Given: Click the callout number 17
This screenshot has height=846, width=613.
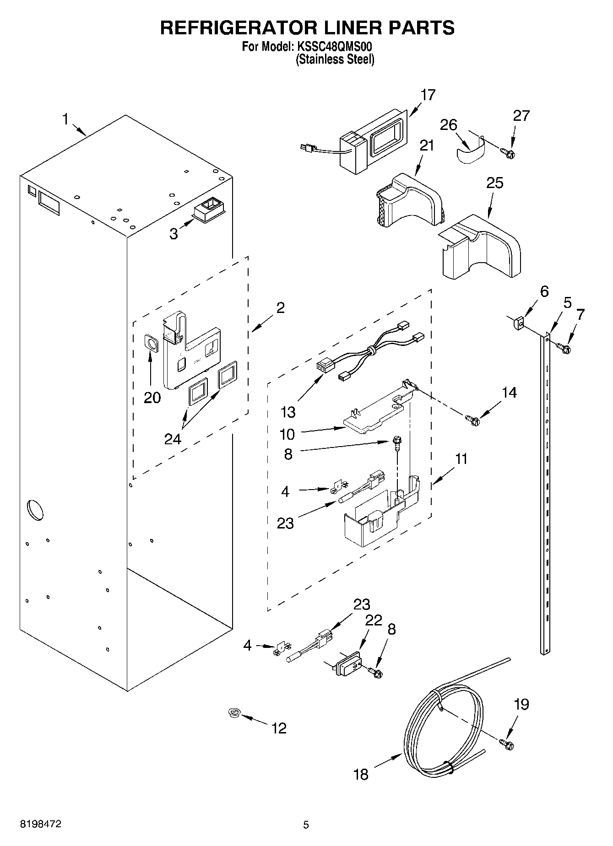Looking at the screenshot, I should [428, 95].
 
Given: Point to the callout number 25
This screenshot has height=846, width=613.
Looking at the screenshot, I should [495, 183].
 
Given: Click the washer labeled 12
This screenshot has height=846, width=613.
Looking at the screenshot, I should [235, 712].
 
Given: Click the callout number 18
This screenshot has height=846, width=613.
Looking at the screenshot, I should [361, 775].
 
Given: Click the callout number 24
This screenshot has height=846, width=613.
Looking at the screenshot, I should [173, 439].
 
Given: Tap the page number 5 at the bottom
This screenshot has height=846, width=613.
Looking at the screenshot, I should [306, 825].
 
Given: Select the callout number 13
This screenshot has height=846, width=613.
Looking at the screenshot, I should [288, 412].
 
